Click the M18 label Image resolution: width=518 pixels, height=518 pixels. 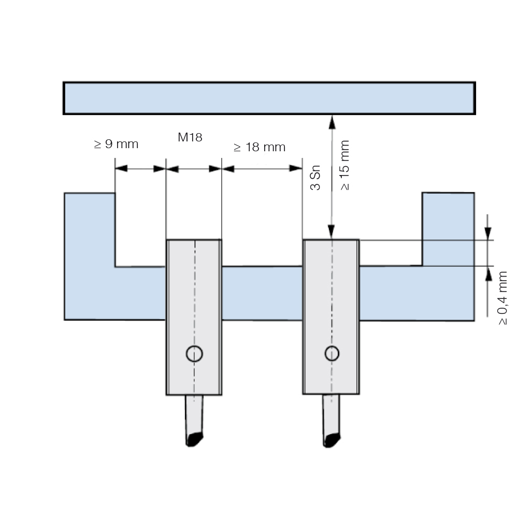[x=190, y=137]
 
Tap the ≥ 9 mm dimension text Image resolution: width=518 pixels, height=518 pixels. [x=116, y=144]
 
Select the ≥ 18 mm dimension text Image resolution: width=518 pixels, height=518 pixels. [x=260, y=147]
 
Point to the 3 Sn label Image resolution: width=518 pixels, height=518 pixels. [x=315, y=177]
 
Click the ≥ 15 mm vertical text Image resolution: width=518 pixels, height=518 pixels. [x=344, y=165]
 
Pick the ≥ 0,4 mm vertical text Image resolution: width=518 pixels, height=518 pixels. [x=502, y=298]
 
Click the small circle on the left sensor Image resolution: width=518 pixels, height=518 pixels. [x=194, y=354]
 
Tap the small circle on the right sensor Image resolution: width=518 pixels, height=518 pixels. [x=332, y=353]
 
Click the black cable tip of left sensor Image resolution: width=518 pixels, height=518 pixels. [x=194, y=439]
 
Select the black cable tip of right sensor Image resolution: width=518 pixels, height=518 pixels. [x=332, y=440]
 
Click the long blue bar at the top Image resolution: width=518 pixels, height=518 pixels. [x=269, y=98]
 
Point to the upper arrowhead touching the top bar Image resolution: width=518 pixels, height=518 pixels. [x=332, y=122]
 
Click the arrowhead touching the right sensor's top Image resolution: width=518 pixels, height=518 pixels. [x=332, y=232]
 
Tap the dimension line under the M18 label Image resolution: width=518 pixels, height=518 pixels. [x=194, y=169]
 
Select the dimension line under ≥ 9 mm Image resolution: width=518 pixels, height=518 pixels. [x=140, y=169]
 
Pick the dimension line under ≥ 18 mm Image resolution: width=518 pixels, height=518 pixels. [x=262, y=169]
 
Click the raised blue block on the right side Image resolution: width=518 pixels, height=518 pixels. [x=448, y=229]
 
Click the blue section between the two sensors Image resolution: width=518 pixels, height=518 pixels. [x=262, y=293]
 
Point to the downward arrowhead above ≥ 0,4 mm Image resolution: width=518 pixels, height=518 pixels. [x=487, y=233]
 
